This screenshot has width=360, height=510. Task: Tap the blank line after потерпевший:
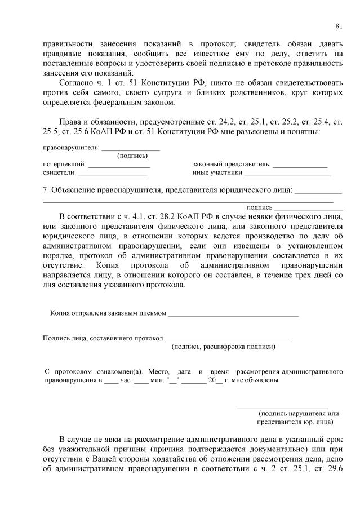(119, 165)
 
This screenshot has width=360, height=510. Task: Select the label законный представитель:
(232, 165)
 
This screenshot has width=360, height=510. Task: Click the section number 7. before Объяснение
(46, 190)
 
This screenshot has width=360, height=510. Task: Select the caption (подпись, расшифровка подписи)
(223, 347)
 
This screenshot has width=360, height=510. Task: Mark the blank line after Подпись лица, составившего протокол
(228, 339)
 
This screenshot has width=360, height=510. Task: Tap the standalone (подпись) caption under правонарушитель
(132, 156)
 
